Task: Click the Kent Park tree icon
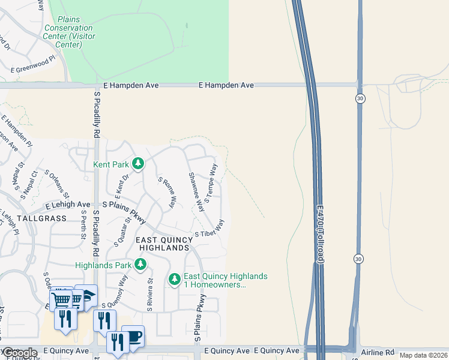tap(138, 163)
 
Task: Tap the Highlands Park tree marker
tap(140, 264)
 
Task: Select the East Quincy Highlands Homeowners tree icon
tap(175, 279)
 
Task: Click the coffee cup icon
tap(133, 336)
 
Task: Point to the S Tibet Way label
tap(209, 229)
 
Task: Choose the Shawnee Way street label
tap(197, 191)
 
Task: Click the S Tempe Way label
tap(210, 184)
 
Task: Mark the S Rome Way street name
tap(167, 192)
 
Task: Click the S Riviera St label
tap(150, 295)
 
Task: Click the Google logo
tap(19, 353)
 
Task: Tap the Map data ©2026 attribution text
tap(423, 355)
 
